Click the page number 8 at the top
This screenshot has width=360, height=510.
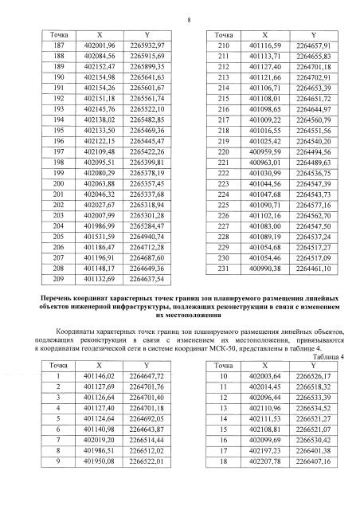click(x=180, y=10)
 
